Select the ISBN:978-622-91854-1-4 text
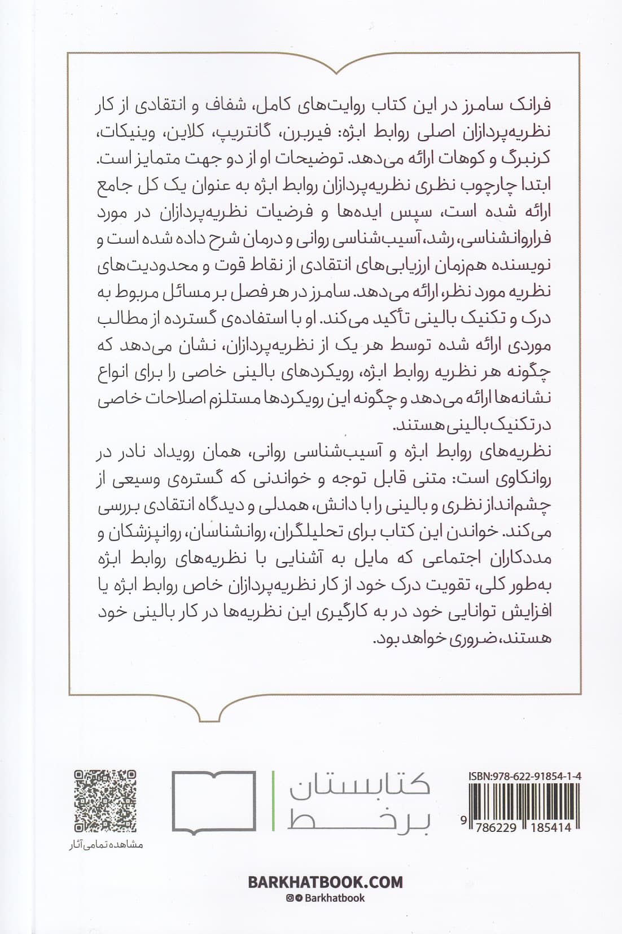click(525, 776)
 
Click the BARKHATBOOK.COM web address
click(326, 882)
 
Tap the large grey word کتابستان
click(360, 785)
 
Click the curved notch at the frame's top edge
click(336, 71)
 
